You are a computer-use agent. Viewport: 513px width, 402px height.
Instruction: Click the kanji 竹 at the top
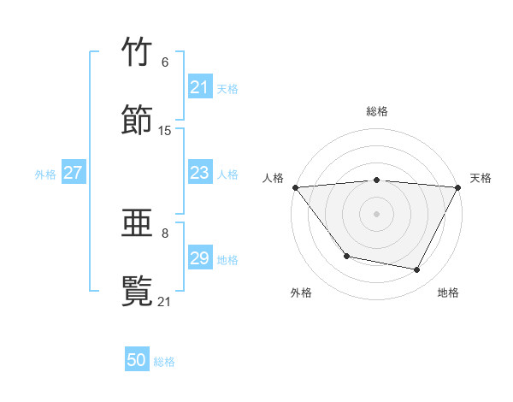coord(138,53)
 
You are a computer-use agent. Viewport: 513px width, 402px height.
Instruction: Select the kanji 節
coord(138,120)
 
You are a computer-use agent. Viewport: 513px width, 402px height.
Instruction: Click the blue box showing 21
coord(200,87)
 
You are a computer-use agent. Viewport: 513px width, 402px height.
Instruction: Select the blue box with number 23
coord(200,174)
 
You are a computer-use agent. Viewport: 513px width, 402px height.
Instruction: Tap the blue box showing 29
coord(200,258)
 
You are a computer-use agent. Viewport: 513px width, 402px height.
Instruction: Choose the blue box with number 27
coord(74,174)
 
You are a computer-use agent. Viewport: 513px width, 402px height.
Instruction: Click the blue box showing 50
coord(137,361)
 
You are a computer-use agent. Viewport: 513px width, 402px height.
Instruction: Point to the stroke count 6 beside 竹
coord(165,62)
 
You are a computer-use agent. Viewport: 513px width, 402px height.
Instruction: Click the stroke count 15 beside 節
coord(165,131)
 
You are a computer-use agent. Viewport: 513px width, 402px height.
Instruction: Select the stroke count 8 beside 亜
coord(165,233)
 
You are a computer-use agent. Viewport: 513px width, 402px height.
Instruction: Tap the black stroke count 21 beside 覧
coord(165,301)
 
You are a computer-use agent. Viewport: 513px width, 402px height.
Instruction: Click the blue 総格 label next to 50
coord(164,362)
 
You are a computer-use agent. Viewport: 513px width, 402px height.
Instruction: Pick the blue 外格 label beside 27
coord(45,174)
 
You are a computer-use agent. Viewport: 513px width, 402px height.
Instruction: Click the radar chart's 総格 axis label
coord(376,111)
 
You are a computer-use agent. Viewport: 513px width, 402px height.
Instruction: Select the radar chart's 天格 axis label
coord(481,178)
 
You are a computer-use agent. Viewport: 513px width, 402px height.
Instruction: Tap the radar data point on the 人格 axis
coord(295,186)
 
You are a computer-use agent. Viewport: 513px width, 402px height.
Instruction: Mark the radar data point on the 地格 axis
coord(417,270)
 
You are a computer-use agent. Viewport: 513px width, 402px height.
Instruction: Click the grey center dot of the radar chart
coord(376,213)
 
